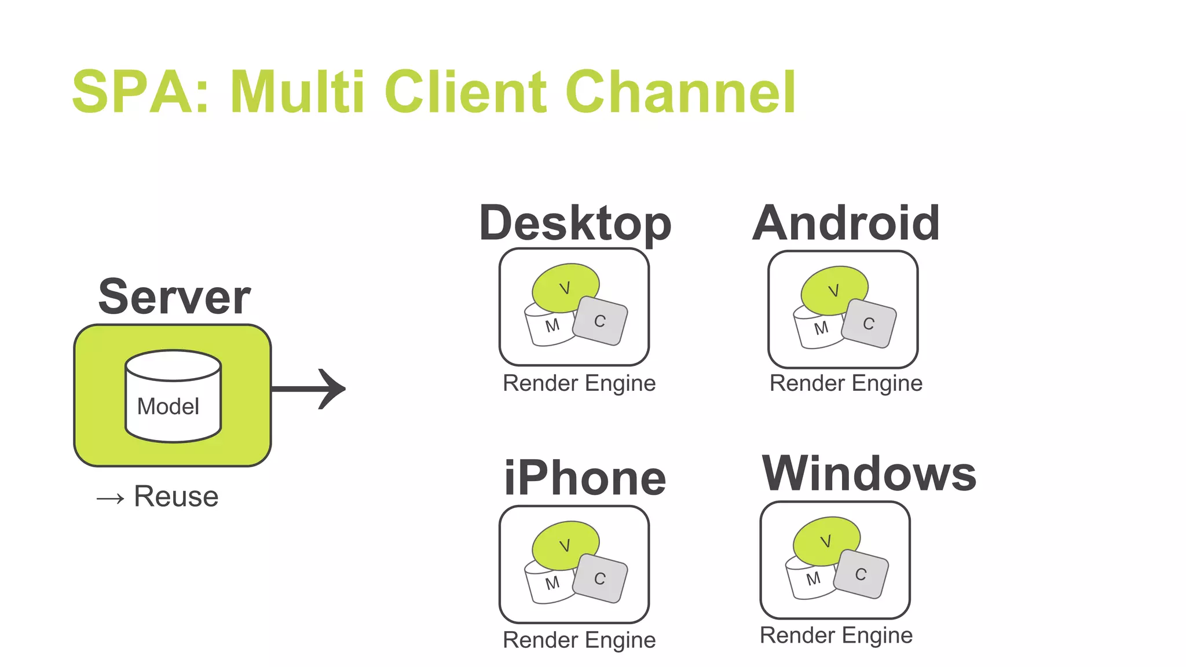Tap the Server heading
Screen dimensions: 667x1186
pyautogui.click(x=174, y=297)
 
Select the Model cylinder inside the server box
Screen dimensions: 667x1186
pyautogui.click(x=173, y=397)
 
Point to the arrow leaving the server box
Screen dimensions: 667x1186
pyautogui.click(x=310, y=389)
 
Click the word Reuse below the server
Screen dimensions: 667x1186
pyautogui.click(x=176, y=496)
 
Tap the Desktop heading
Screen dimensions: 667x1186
pyautogui.click(x=575, y=223)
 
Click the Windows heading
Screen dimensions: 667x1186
pyautogui.click(x=869, y=474)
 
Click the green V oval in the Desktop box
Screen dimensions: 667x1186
pyautogui.click(x=565, y=287)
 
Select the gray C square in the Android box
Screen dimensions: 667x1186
pyautogui.click(x=869, y=324)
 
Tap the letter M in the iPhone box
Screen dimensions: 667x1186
pyautogui.click(x=552, y=582)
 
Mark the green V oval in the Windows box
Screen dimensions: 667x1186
pyautogui.click(x=826, y=541)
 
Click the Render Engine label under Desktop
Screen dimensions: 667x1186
pyautogui.click(x=579, y=384)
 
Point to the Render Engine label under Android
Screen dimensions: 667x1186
pyautogui.click(x=845, y=384)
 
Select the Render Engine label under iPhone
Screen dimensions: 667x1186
pyautogui.click(x=579, y=640)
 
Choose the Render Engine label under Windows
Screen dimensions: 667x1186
pyautogui.click(x=836, y=636)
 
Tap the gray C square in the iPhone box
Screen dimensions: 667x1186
pyautogui.click(x=600, y=578)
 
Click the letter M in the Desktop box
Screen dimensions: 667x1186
pyautogui.click(x=552, y=325)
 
